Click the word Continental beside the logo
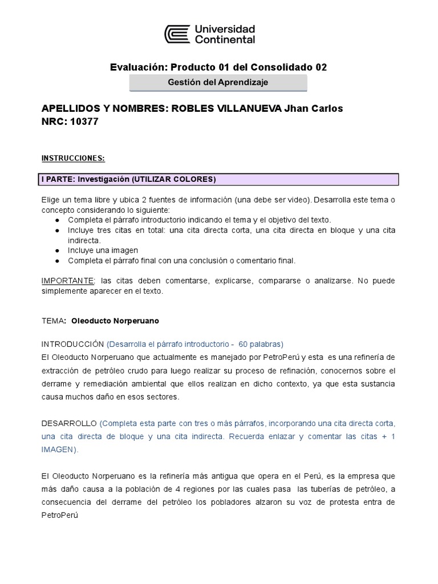225,40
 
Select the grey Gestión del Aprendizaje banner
218,83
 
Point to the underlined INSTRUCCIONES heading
73,157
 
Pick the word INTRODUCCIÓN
72,344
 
